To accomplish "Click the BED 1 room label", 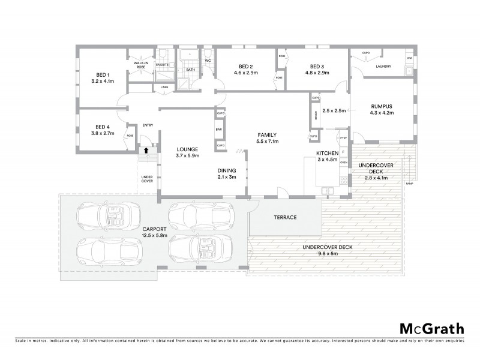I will coord(98,74).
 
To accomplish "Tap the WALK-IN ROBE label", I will coord(141,65).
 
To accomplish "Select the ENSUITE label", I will coord(162,64).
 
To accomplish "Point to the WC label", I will coord(207,61).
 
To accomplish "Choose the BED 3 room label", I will coord(317,66).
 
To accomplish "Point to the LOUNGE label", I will coord(187,149).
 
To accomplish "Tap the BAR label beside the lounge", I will coord(220,129).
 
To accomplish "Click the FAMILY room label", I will coord(267,134).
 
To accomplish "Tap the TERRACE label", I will coord(286,217).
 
